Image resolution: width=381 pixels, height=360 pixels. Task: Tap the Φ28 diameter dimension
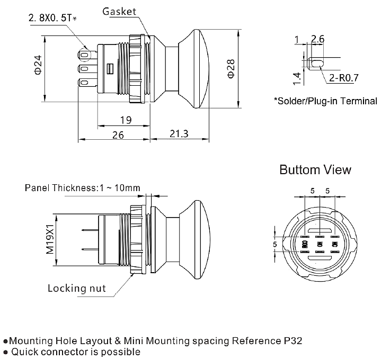coord(231,69)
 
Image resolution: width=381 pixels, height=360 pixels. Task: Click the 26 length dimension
coord(117,135)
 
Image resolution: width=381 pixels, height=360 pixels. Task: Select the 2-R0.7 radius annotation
coord(344,78)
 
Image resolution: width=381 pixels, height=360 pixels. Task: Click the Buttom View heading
coord(315,170)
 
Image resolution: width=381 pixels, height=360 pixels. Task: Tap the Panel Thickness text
coord(82,188)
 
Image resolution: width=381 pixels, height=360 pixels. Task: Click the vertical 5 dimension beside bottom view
coord(274,244)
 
